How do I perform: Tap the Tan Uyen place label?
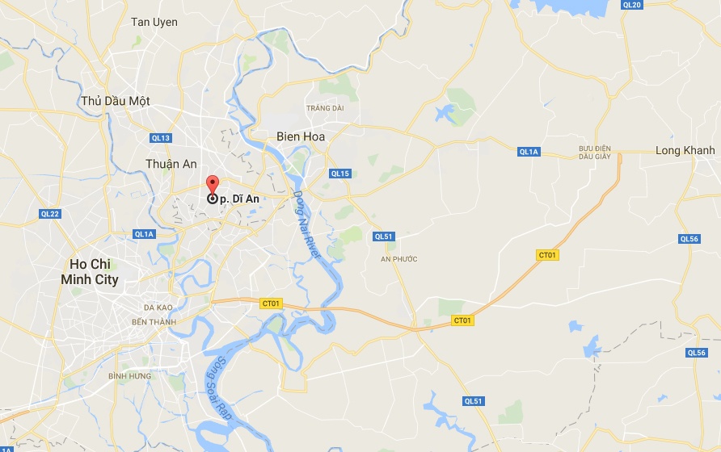[x=154, y=22]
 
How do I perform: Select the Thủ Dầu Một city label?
[x=116, y=101]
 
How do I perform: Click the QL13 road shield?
[x=161, y=138]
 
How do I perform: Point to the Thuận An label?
[x=171, y=164]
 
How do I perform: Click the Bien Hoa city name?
[x=301, y=136]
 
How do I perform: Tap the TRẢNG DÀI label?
[x=325, y=108]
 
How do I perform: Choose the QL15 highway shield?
[x=339, y=174]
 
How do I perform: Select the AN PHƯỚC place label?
[x=398, y=259]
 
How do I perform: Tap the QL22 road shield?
[x=50, y=214]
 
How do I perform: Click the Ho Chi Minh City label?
[x=89, y=272]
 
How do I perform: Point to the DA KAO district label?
[x=160, y=308]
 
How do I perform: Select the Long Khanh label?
[x=685, y=150]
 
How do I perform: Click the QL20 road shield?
[x=631, y=5]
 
